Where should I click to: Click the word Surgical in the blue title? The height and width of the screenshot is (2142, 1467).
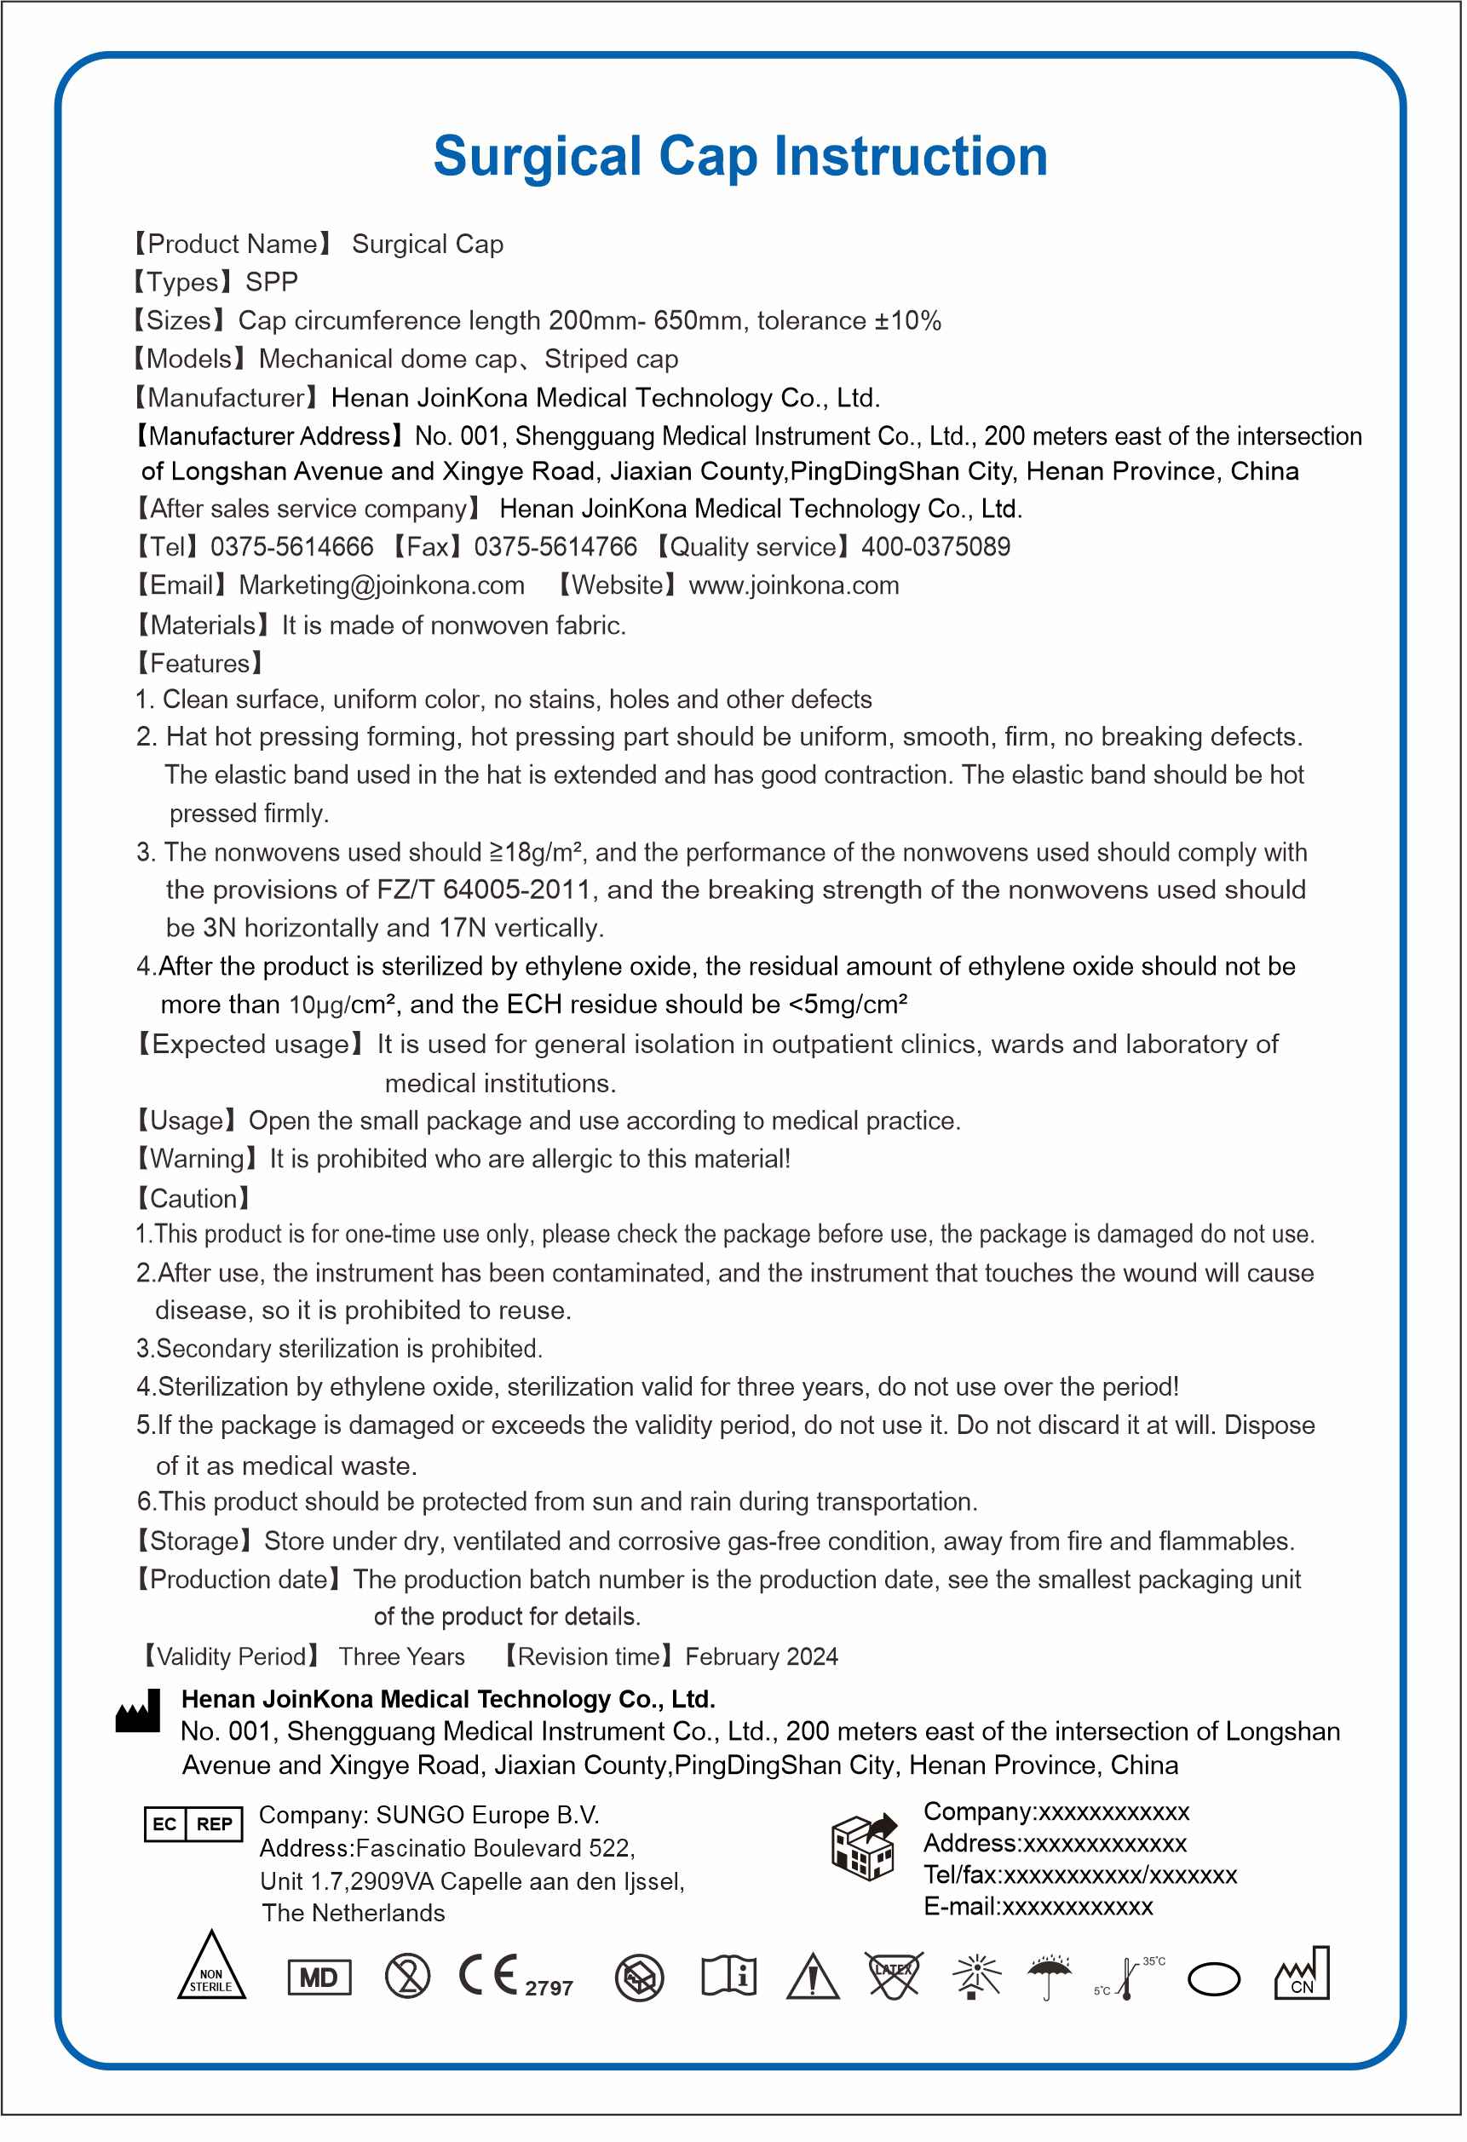pyautogui.click(x=538, y=157)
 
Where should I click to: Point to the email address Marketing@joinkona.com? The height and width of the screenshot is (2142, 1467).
pyautogui.click(x=382, y=586)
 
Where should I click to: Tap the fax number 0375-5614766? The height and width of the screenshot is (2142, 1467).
pyautogui.click(x=555, y=548)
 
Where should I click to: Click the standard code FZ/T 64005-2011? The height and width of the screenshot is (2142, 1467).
pyautogui.click(x=484, y=890)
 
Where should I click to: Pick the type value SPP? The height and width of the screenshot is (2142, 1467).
pyautogui.click(x=272, y=282)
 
